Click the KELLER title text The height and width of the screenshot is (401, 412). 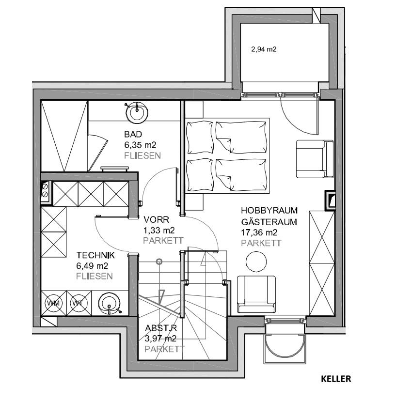(336, 379)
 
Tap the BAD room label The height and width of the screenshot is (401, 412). (133, 134)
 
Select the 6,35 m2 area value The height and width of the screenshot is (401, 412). (140, 145)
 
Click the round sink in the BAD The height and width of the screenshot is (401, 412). (137, 112)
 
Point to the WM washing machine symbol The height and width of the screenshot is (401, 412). (53, 303)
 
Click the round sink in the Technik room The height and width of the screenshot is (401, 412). (110, 304)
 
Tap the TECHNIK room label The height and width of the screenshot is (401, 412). (95, 255)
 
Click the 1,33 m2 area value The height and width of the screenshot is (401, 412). (159, 231)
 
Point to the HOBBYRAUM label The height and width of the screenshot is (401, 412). (269, 210)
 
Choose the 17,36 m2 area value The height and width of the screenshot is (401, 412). (259, 232)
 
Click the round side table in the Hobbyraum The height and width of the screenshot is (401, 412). (256, 262)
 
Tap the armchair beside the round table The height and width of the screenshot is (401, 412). (256, 294)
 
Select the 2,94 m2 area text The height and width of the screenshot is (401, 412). (264, 49)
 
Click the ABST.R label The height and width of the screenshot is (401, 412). (161, 328)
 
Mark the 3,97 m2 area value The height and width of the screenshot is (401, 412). (160, 339)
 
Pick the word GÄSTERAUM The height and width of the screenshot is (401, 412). (269, 222)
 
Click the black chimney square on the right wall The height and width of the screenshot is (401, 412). (330, 200)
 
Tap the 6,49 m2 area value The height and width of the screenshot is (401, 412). (92, 266)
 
